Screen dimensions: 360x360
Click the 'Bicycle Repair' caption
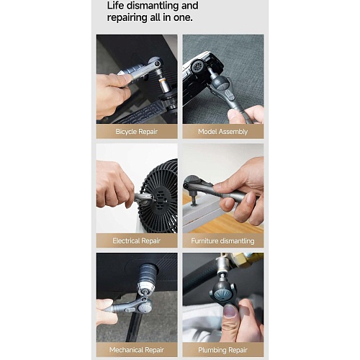click(x=137, y=132)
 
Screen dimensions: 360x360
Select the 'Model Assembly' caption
click(x=222, y=132)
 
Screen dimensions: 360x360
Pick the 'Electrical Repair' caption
click(x=137, y=240)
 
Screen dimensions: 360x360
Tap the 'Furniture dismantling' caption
click(x=222, y=240)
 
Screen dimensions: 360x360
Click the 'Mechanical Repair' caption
click(x=137, y=350)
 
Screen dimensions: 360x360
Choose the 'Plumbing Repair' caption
click(x=222, y=350)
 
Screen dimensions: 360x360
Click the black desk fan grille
click(x=160, y=196)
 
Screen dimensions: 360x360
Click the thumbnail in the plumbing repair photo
click(x=230, y=311)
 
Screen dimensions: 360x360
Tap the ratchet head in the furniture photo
click(x=192, y=183)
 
